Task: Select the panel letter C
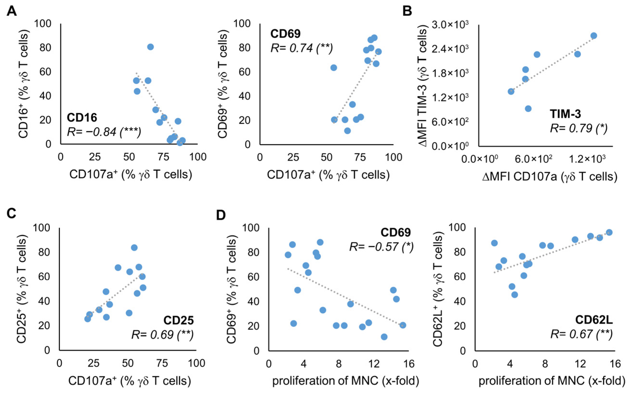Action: click(12, 214)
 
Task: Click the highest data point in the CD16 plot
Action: click(150, 47)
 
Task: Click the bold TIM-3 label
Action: click(565, 114)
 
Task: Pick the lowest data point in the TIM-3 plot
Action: click(528, 109)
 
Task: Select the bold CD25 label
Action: click(178, 320)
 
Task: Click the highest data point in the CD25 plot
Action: click(134, 247)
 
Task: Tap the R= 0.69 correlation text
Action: click(162, 335)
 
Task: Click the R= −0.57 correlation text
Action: click(381, 246)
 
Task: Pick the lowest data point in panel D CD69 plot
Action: click(384, 337)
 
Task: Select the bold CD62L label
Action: click(594, 320)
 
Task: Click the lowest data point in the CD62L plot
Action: click(514, 295)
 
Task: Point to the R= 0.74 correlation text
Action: click(302, 48)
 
